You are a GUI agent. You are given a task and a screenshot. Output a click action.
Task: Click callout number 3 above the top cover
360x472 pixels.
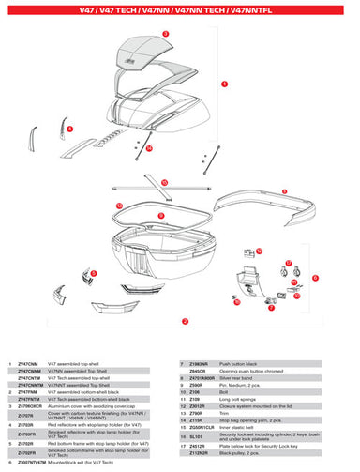165,31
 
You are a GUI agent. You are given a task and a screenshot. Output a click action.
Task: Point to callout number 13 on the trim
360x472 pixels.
119,204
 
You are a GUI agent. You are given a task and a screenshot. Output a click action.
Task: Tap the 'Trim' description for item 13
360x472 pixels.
224,411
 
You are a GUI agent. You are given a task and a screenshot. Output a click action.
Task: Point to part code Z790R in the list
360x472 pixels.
196,411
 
